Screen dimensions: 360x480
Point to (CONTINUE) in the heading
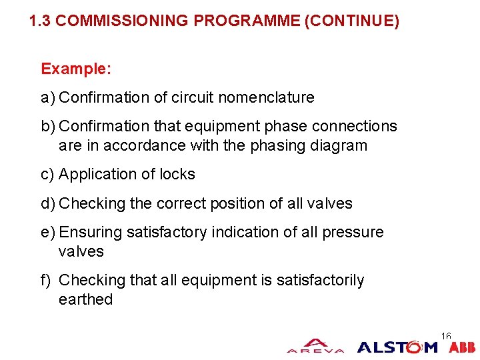tap(351, 21)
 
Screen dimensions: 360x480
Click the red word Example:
tap(76, 69)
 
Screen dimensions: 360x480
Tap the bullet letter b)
tap(48, 127)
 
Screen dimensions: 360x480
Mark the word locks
tap(177, 175)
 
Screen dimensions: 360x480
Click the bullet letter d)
tap(48, 203)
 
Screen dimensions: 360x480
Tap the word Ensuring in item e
tap(90, 233)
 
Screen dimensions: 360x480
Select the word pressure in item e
tap(353, 233)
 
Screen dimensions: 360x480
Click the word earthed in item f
tap(85, 300)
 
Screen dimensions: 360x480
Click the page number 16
tap(446, 336)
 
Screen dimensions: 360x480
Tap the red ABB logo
tap(462, 347)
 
